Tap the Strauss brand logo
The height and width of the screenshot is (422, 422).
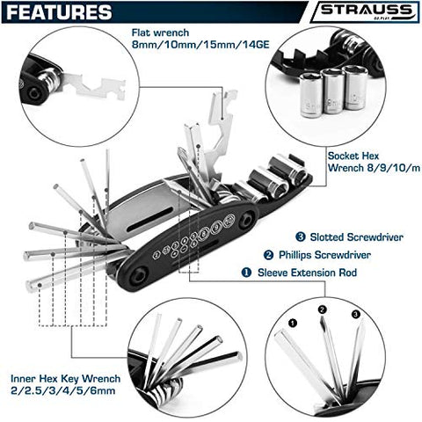point(362,14)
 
